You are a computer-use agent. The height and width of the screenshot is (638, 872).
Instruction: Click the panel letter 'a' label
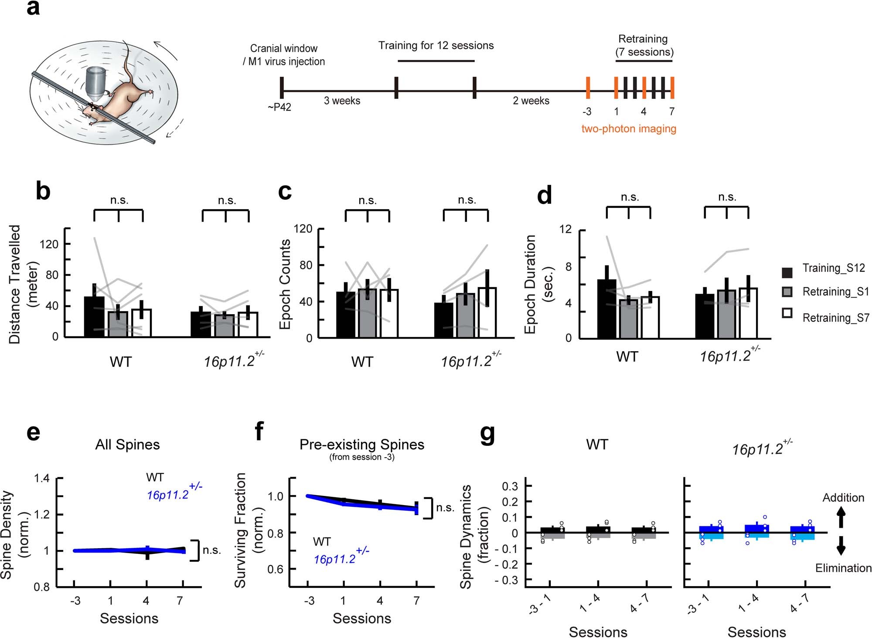tap(33, 9)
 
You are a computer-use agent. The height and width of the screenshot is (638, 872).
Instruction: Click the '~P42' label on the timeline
tap(279, 107)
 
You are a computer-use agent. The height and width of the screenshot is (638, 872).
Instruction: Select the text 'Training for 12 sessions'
tap(436, 45)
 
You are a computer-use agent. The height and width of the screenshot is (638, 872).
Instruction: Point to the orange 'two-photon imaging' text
tap(629, 129)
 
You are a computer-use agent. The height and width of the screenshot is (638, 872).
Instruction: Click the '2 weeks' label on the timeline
tap(531, 101)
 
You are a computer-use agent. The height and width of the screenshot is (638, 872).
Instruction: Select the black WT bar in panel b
tap(94, 316)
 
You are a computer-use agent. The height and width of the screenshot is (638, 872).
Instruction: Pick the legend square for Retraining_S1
tap(787, 292)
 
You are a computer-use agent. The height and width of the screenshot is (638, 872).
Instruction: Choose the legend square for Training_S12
tap(787, 272)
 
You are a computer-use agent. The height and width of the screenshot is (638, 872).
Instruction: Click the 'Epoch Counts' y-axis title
tap(285, 284)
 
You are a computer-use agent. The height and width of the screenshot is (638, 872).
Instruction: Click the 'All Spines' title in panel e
tap(127, 445)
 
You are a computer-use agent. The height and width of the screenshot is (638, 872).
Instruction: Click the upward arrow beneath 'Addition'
tap(841, 519)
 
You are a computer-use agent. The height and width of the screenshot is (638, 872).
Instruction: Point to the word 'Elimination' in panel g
tap(843, 568)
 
